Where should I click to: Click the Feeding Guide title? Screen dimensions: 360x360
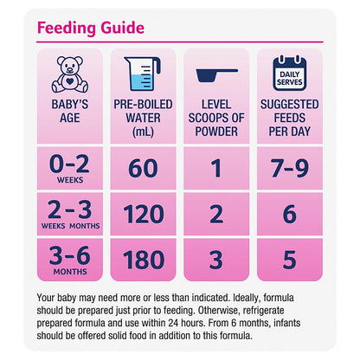click(x=91, y=28)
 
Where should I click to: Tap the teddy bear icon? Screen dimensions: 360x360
click(x=70, y=74)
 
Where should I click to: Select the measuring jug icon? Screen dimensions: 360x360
click(x=143, y=74)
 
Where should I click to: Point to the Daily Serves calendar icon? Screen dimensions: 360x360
click(x=290, y=74)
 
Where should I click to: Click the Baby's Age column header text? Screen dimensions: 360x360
click(x=70, y=111)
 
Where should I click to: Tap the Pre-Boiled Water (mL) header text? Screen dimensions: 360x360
click(x=143, y=118)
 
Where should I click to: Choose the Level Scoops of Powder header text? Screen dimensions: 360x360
click(x=216, y=118)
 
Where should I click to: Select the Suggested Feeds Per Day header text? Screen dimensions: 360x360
click(x=290, y=118)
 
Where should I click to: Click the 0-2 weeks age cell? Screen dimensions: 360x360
click(x=70, y=169)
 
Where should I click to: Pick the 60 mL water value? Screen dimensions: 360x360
click(x=143, y=168)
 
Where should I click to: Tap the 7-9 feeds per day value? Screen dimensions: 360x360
click(x=290, y=168)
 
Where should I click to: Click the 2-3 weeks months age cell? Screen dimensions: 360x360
click(x=70, y=214)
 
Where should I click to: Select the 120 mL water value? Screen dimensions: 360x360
click(x=144, y=214)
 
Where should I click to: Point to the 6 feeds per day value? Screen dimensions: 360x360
click(x=290, y=214)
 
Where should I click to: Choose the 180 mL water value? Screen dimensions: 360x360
click(x=144, y=260)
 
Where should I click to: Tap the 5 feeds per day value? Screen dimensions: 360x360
click(x=290, y=260)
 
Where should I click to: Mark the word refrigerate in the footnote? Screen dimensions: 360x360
click(x=263, y=311)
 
